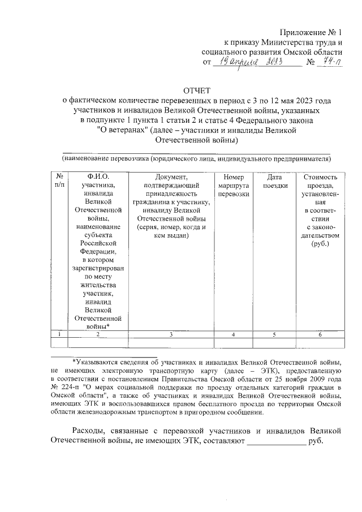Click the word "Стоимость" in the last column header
(320, 177)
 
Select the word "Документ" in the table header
(170, 177)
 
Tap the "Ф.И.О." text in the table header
(98, 177)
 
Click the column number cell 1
(59, 334)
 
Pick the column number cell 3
(170, 334)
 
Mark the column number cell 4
(234, 334)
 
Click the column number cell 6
(320, 334)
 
